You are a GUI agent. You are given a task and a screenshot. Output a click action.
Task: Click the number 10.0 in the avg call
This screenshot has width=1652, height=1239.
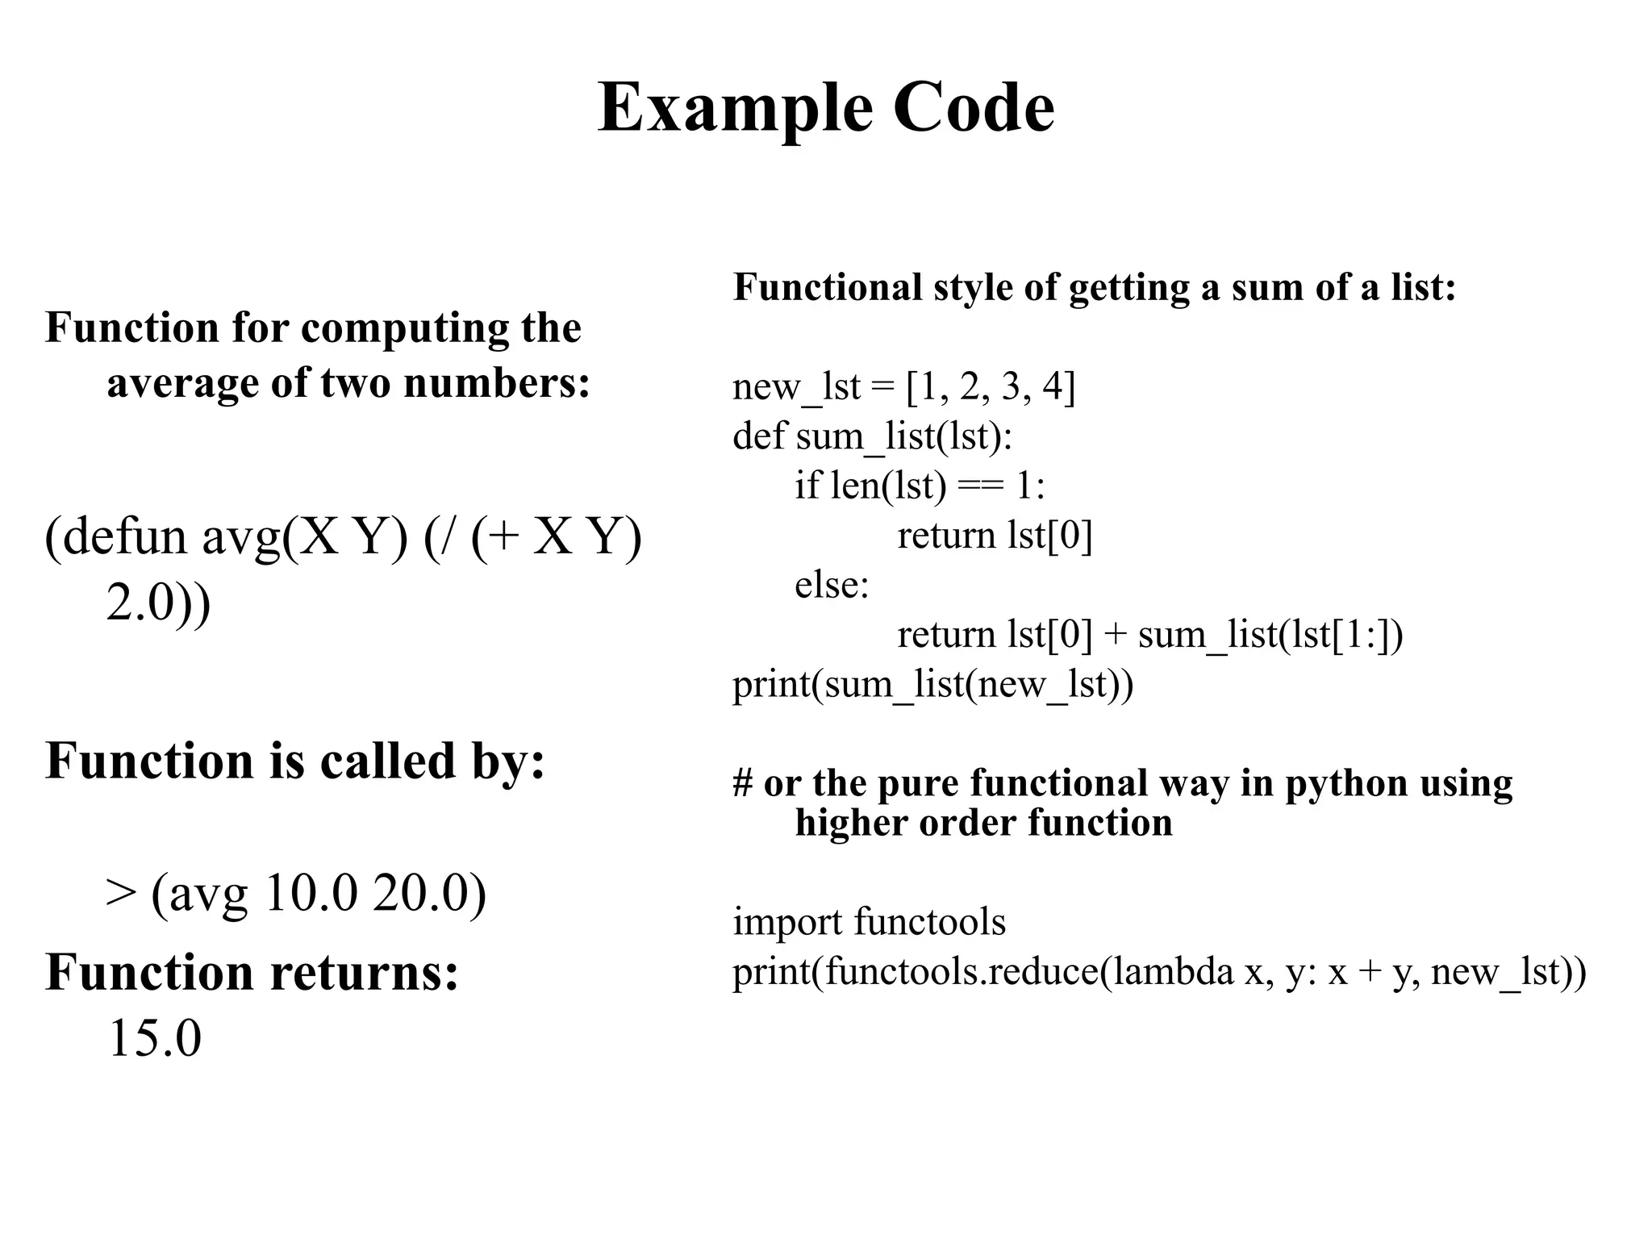point(310,893)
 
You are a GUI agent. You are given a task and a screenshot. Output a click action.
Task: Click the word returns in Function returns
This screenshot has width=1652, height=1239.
point(364,971)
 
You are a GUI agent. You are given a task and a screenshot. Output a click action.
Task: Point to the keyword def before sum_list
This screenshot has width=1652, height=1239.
point(758,436)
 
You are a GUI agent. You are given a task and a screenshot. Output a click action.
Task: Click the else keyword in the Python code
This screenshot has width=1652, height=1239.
point(832,585)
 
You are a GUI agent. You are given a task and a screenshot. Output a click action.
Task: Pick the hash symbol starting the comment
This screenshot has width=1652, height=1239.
point(742,783)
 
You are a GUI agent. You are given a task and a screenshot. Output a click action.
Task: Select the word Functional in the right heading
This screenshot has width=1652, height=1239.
point(827,287)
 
